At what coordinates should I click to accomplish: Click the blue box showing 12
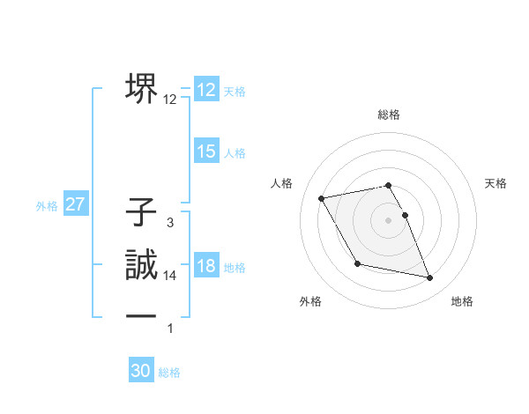coord(205,90)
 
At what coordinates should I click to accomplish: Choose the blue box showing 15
coord(205,152)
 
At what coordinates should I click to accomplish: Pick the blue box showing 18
coord(205,266)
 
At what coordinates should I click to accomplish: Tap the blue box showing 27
coord(76,205)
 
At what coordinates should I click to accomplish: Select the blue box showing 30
coord(141,371)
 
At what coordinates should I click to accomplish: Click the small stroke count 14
coord(170,276)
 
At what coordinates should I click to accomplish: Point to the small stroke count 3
coord(169,224)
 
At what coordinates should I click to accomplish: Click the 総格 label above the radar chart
coord(389,115)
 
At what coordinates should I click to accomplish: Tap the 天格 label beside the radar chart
coord(496,183)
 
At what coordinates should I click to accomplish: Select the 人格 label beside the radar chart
coord(281,183)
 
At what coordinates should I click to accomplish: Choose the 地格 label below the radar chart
coord(462,301)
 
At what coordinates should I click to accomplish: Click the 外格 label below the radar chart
coord(310,301)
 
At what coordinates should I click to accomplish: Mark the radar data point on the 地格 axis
coord(430,278)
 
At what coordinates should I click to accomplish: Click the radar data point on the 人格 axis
coord(322,198)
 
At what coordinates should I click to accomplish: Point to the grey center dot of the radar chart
coord(389,220)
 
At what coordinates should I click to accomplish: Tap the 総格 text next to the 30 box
coord(169,372)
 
